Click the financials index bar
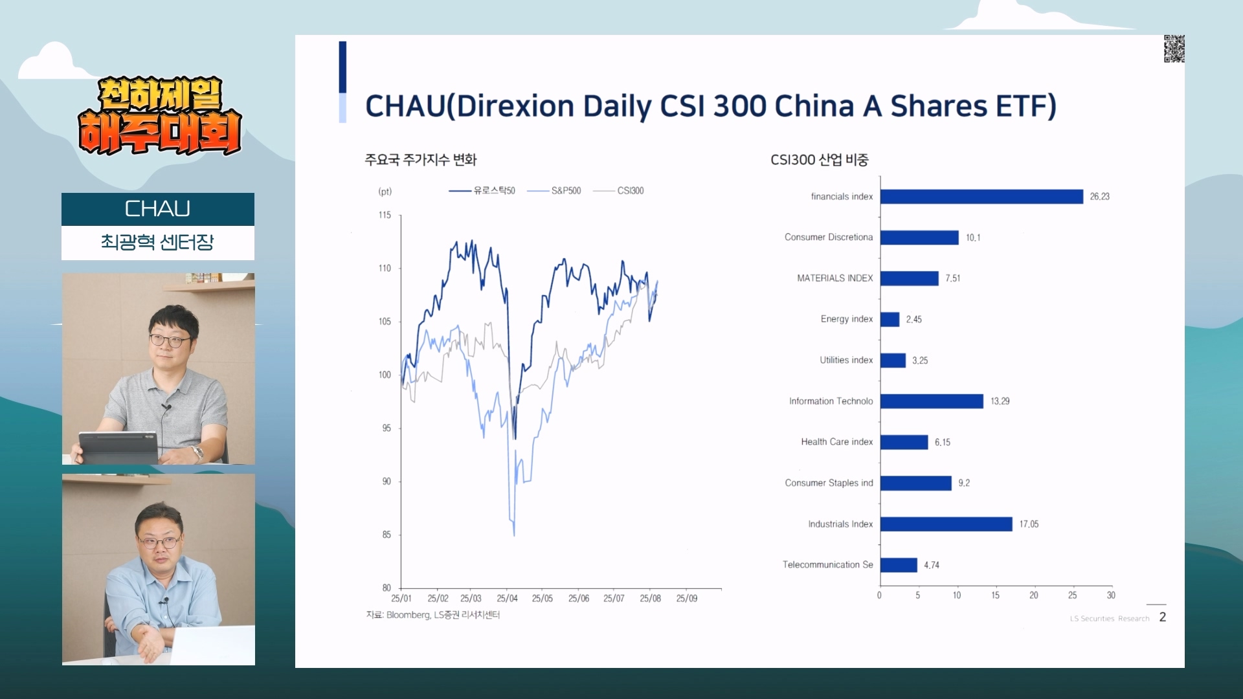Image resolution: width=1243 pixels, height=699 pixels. coord(981,197)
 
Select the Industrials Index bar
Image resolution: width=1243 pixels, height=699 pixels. coord(946,524)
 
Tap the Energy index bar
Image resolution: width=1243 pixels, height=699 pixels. coord(890,320)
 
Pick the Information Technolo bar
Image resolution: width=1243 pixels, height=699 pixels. coord(931,401)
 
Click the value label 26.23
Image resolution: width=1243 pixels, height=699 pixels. coord(1099,197)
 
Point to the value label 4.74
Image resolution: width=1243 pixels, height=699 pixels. coord(931,565)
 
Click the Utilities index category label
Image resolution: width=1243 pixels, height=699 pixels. coord(846,361)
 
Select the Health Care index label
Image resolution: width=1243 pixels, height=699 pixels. coord(836,442)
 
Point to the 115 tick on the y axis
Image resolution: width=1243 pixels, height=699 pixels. coord(385,216)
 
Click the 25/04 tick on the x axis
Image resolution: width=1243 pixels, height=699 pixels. coord(507,599)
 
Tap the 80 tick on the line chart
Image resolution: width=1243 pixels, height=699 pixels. coord(386,588)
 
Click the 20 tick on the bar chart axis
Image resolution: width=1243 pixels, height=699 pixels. coord(1033,595)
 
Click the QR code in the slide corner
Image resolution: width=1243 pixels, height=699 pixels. coord(1174,49)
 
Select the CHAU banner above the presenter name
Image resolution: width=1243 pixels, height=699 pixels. coord(157,209)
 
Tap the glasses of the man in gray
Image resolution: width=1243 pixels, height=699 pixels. coord(170,340)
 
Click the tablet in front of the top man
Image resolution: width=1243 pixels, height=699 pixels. coord(118,447)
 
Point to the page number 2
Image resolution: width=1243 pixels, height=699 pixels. coord(1163,617)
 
